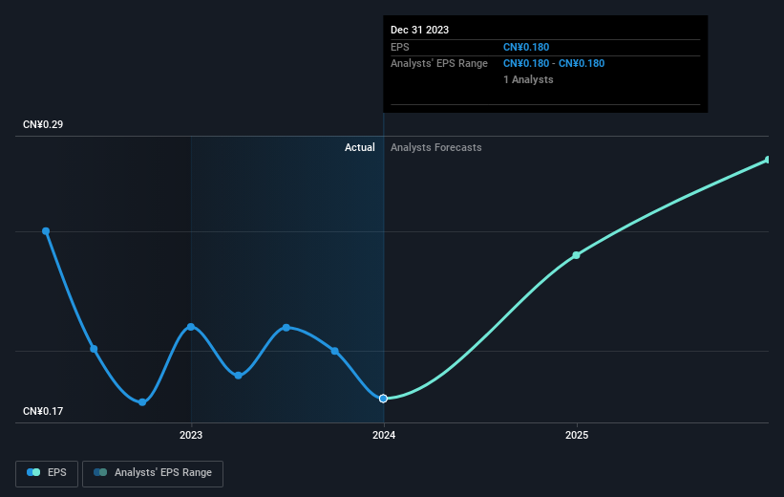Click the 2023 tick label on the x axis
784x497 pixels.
(x=191, y=435)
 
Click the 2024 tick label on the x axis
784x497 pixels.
(x=384, y=435)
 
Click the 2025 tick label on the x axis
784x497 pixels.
(x=577, y=435)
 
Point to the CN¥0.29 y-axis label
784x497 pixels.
(x=43, y=125)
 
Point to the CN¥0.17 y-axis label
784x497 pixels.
(x=43, y=412)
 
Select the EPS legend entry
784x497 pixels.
(x=47, y=472)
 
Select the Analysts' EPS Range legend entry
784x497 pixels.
(x=153, y=472)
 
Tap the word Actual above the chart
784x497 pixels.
(x=360, y=147)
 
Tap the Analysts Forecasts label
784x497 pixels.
(x=436, y=147)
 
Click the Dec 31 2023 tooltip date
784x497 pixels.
(x=419, y=30)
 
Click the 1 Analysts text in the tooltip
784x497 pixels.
(x=528, y=79)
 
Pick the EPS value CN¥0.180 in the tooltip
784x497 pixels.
(x=526, y=47)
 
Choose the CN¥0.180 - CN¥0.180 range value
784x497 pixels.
(x=554, y=63)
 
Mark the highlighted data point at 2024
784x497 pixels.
(x=384, y=398)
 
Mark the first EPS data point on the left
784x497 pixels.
(x=46, y=231)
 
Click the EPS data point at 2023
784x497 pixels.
(x=191, y=327)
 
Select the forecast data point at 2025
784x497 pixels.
(x=577, y=255)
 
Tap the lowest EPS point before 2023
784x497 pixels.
(x=142, y=402)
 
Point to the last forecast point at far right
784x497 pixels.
(x=768, y=160)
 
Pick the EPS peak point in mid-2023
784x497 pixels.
(x=286, y=328)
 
